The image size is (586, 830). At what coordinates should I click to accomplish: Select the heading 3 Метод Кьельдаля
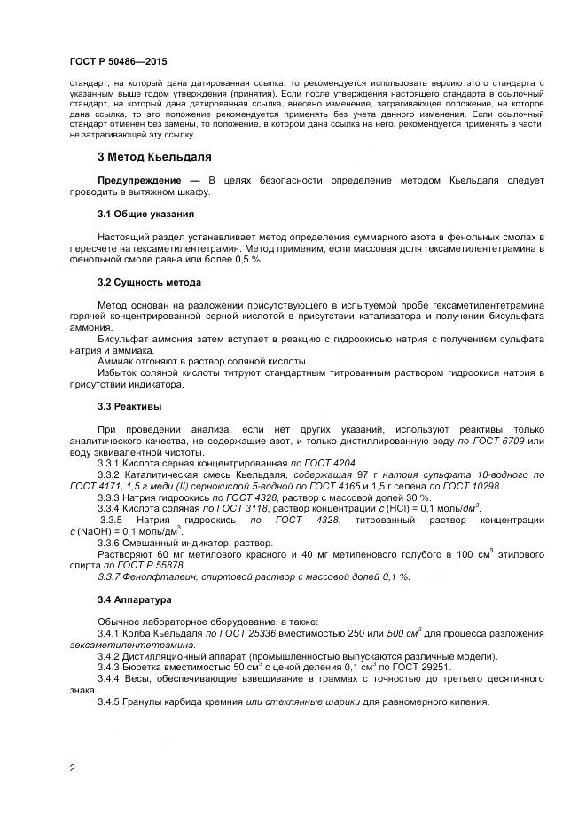153,157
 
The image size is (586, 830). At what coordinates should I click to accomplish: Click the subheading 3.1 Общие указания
145,214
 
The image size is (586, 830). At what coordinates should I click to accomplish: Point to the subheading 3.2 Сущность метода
149,281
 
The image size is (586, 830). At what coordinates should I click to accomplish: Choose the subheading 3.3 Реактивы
129,405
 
